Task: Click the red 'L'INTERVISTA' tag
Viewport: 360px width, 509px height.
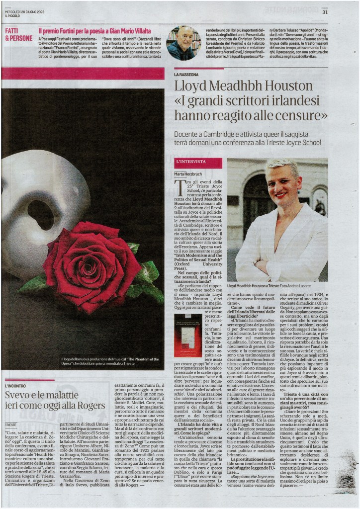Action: pos(190,162)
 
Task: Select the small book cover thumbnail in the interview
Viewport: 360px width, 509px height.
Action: pos(188,335)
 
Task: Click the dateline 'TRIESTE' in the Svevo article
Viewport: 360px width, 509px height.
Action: pos(11,425)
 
